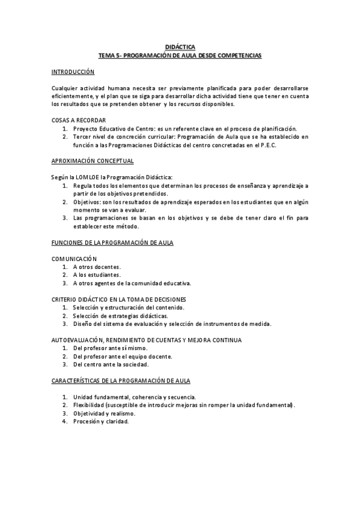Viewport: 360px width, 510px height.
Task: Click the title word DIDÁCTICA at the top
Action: [180, 47]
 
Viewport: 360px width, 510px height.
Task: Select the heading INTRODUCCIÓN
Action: [73, 72]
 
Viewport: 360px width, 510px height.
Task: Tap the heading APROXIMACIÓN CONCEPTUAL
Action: [93, 161]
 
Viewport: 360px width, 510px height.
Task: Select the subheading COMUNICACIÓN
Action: [74, 258]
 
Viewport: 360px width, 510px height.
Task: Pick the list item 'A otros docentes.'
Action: [97, 266]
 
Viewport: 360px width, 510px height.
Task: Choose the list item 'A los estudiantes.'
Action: [97, 274]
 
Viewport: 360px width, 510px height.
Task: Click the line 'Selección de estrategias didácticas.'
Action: [120, 316]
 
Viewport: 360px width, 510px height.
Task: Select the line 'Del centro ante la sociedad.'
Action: [110, 364]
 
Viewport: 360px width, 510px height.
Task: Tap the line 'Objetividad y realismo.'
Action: [104, 413]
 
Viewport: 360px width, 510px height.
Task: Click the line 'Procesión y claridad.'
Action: [100, 421]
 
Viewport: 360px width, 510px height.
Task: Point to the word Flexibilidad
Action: [91, 405]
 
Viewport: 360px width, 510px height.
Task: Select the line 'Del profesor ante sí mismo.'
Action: [109, 348]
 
